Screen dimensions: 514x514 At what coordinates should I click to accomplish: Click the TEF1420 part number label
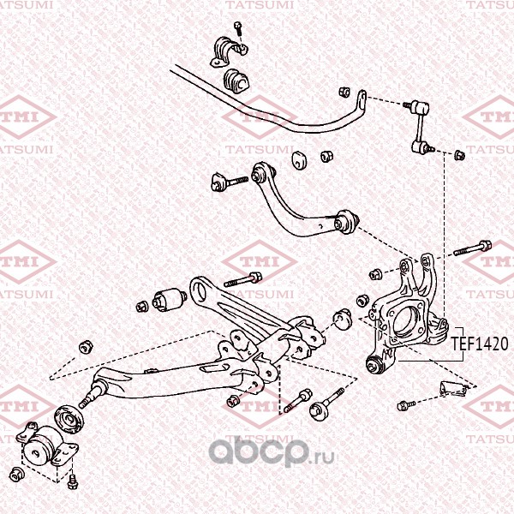click(480, 344)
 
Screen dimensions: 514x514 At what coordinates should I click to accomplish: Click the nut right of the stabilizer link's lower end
click(458, 155)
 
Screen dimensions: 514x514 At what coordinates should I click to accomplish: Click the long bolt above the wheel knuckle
click(472, 248)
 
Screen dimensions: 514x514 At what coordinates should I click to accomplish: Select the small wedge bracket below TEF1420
click(452, 386)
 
